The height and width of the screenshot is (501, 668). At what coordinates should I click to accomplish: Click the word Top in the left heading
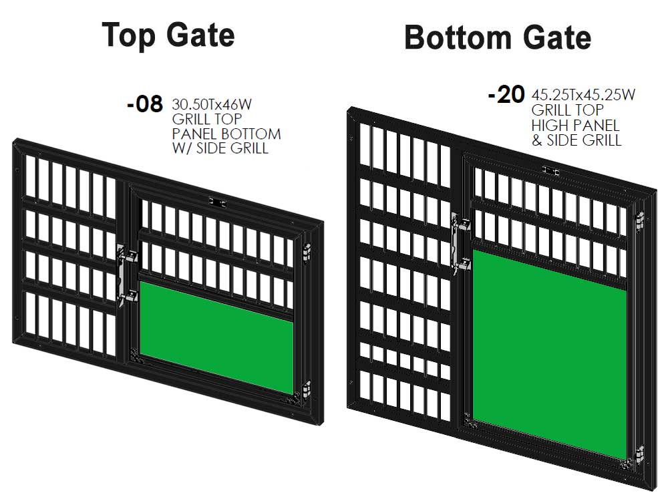tap(129, 36)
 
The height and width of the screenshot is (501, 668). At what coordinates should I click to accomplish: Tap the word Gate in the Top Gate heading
tap(200, 35)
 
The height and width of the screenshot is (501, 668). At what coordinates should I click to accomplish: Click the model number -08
tap(145, 104)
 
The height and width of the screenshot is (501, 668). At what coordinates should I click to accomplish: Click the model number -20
tap(506, 95)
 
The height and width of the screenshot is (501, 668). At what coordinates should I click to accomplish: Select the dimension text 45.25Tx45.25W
tap(583, 95)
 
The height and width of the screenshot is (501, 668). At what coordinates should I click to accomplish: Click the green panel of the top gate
tap(216, 337)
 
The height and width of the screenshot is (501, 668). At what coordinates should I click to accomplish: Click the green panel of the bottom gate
tap(549, 355)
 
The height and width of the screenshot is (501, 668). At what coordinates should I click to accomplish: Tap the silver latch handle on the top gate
tap(125, 275)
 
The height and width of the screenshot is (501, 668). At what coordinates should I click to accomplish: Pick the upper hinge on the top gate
tap(306, 253)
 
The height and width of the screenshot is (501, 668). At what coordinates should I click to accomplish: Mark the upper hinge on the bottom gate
tap(639, 221)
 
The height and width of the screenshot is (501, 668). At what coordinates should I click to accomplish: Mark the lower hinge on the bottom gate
tap(639, 455)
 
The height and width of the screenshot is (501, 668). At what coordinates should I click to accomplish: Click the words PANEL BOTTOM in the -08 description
tap(226, 134)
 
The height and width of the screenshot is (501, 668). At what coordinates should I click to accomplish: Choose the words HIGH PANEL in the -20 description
tap(575, 126)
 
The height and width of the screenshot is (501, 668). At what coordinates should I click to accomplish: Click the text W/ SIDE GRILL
tap(220, 148)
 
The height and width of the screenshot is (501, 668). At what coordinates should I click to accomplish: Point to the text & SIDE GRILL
tap(576, 140)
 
